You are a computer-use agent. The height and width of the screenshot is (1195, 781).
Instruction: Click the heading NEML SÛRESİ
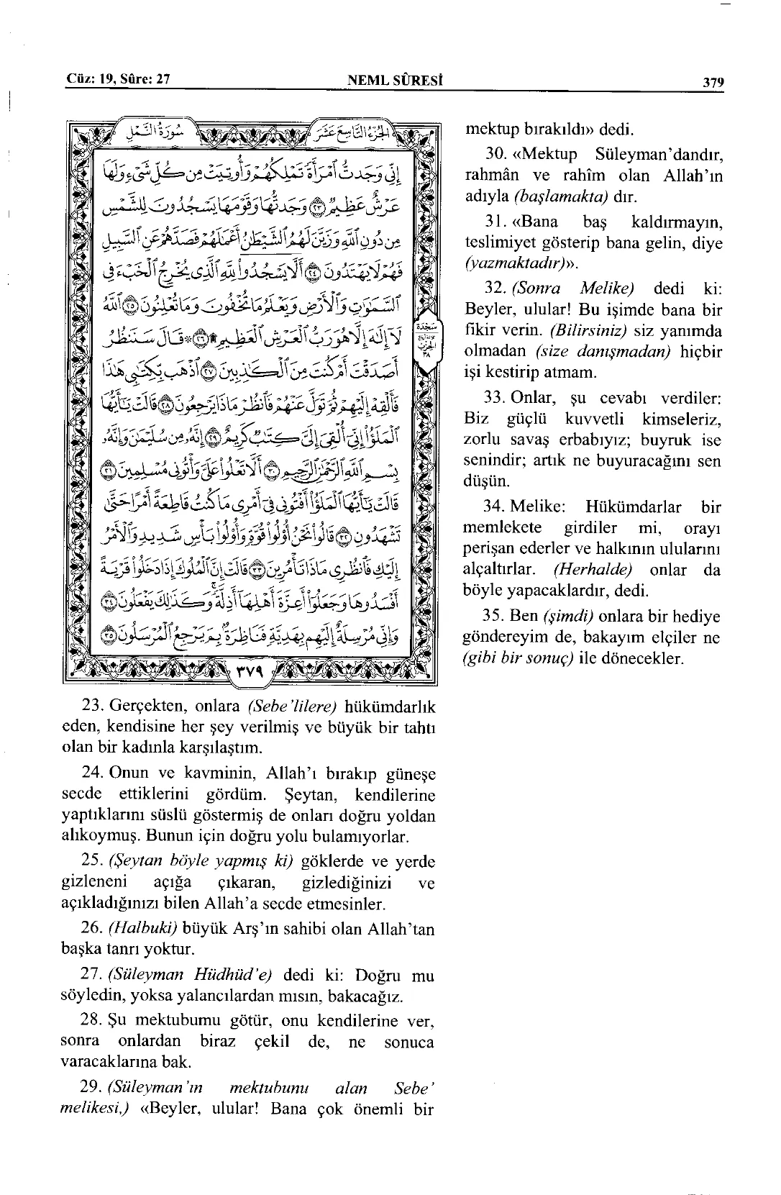(x=394, y=81)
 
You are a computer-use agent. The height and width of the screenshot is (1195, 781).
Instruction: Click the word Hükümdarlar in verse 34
(x=633, y=507)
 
